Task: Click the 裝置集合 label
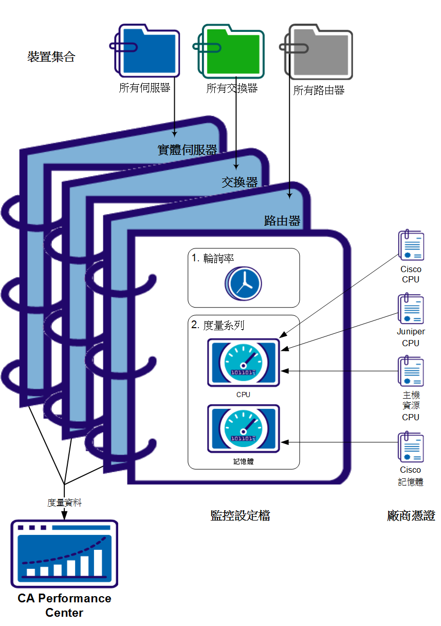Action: (x=51, y=57)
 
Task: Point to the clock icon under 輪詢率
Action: (x=243, y=283)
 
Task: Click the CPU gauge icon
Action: (x=243, y=363)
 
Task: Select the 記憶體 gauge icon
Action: (x=243, y=428)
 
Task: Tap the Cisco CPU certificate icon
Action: (x=411, y=246)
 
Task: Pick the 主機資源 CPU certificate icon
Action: (x=411, y=371)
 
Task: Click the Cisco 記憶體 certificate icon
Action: (x=411, y=448)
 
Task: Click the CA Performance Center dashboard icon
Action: (x=64, y=553)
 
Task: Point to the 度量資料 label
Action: (x=64, y=503)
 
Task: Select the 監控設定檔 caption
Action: (x=240, y=516)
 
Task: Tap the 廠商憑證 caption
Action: (x=411, y=516)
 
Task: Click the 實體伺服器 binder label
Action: (x=187, y=150)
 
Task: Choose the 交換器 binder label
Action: (x=240, y=182)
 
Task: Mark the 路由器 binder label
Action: (x=282, y=221)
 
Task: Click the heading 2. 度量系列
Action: (x=217, y=325)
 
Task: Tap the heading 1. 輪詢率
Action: (x=212, y=259)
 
